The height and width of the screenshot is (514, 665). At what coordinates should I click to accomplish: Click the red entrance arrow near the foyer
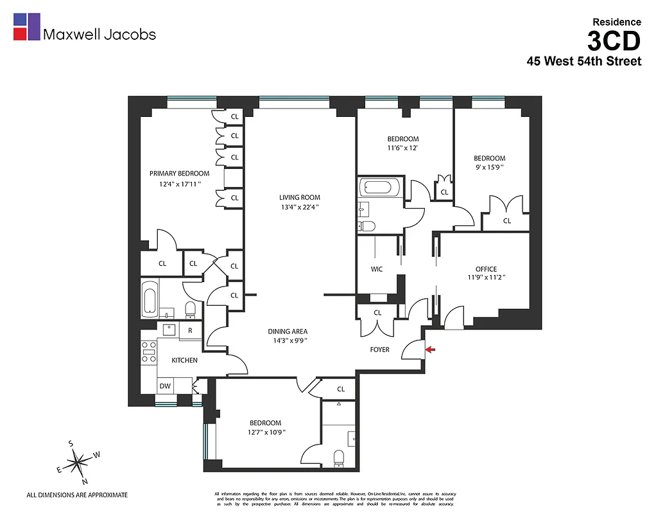tap(430, 350)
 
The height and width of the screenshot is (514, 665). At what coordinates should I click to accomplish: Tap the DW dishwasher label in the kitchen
tap(165, 386)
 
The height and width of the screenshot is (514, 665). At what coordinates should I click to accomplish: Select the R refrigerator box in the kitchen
tap(190, 330)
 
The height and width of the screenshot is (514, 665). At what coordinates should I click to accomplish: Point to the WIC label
tap(377, 269)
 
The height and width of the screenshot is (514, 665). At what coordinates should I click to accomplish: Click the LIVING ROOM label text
tap(299, 197)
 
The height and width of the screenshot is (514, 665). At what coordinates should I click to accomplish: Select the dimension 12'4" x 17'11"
tap(180, 184)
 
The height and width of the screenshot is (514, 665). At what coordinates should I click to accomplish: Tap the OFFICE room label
tap(486, 269)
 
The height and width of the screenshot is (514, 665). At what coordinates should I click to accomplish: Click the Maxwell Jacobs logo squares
tap(27, 27)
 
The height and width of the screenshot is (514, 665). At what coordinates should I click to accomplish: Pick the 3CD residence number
tap(614, 42)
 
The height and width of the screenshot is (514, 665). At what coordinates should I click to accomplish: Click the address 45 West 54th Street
tap(583, 62)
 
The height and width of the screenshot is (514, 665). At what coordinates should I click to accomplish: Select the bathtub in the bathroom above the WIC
tap(381, 188)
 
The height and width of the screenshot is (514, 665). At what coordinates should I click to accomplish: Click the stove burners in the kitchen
tap(148, 353)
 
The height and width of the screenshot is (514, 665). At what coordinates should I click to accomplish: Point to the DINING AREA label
tap(288, 332)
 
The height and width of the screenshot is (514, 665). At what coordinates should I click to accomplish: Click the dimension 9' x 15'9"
tap(489, 168)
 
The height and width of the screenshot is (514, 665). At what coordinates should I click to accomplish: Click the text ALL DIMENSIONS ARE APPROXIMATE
tap(77, 495)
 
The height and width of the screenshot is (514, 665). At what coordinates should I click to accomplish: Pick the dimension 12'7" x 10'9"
tap(265, 432)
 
